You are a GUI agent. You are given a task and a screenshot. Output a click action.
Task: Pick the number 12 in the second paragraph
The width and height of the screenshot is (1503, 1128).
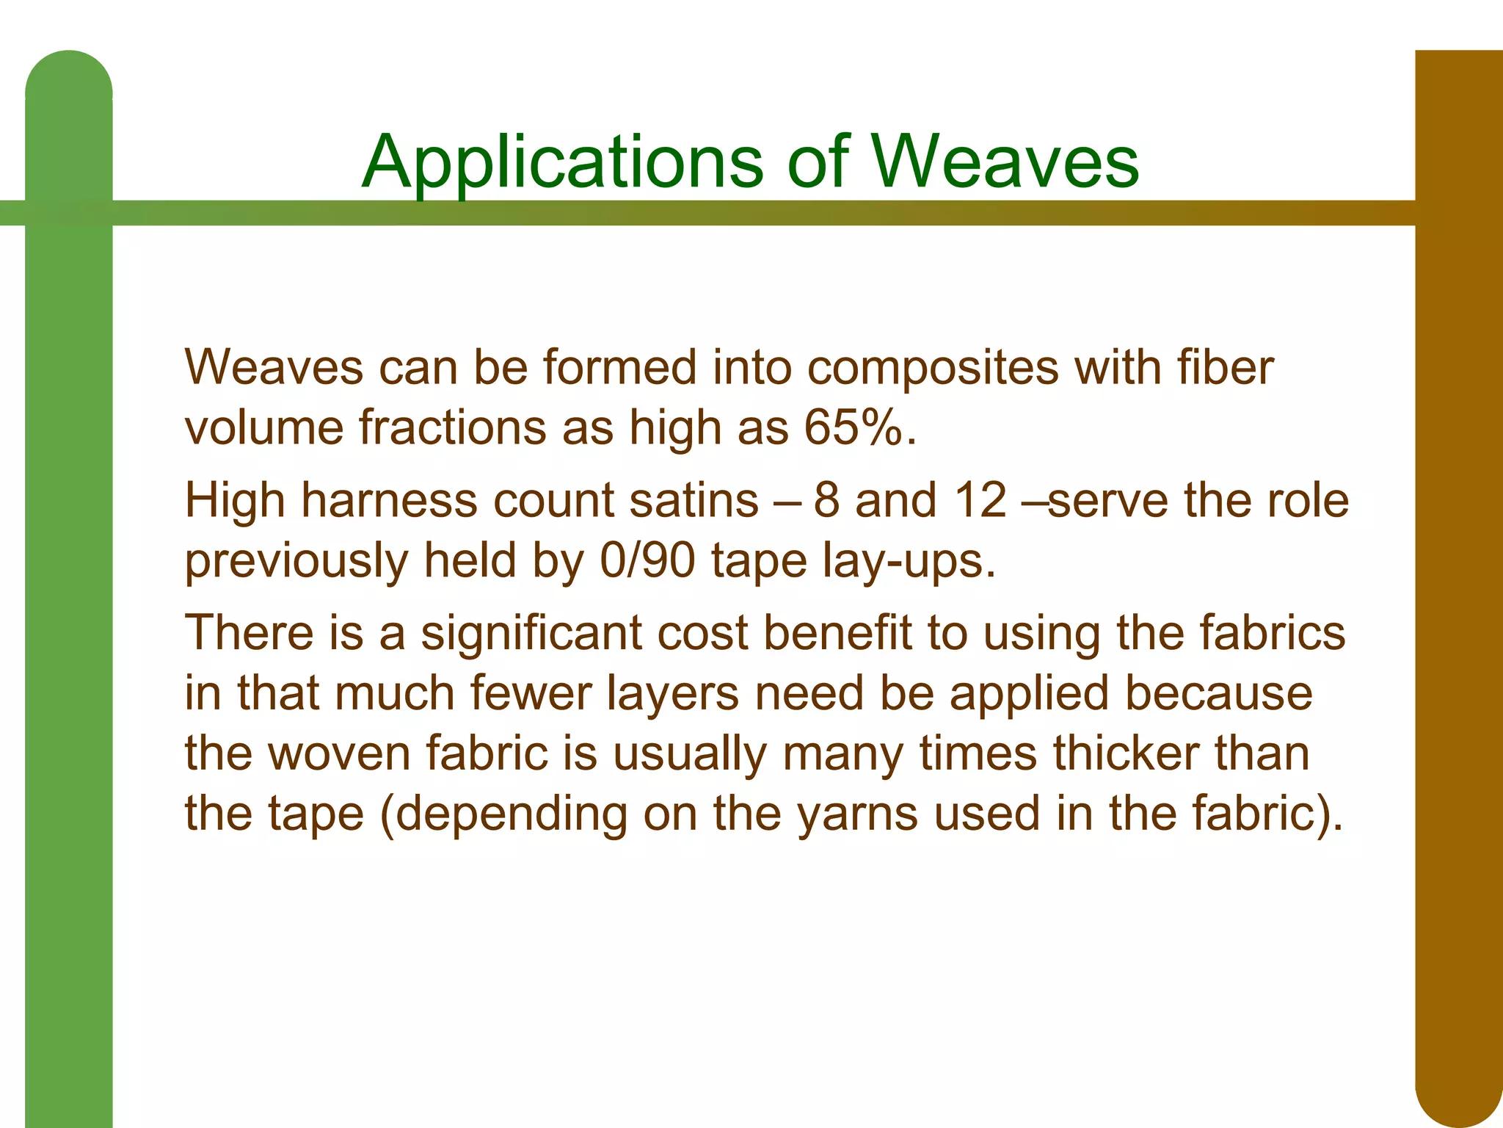[x=980, y=501]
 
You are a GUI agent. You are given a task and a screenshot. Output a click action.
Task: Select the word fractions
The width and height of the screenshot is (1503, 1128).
[x=452, y=427]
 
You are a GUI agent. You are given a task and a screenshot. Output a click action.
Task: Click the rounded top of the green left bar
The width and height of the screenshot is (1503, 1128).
[x=69, y=73]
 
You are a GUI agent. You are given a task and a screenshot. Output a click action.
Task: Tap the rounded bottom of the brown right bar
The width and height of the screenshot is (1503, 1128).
[x=1458, y=1094]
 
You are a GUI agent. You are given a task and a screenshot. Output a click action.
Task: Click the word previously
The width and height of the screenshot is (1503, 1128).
[x=296, y=563]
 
